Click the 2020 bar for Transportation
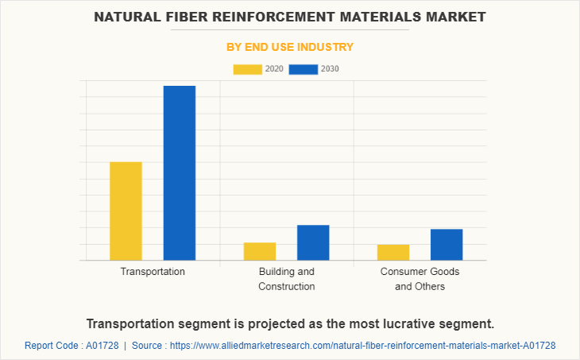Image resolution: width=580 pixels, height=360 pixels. coord(126,211)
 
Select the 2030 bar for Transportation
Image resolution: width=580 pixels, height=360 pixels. coord(180,172)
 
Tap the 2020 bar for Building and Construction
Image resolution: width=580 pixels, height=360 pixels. coord(260,251)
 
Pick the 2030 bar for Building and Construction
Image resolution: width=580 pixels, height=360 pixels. coord(313,242)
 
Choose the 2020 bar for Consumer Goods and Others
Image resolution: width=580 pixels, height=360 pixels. coord(393,252)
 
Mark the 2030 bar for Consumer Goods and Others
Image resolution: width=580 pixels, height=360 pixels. coord(447,244)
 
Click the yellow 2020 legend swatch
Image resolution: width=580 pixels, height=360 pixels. coord(247,69)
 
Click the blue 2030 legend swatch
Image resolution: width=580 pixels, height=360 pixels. coord(303,69)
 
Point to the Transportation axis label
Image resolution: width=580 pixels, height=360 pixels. coord(153,272)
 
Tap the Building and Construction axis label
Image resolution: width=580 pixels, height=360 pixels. coord(287,279)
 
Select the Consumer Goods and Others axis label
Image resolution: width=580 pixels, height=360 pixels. coord(420,279)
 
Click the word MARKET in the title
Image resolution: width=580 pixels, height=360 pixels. coord(451,17)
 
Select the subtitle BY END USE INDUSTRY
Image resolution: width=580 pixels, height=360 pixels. coord(290,47)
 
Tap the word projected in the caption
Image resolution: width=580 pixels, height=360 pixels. coord(272,323)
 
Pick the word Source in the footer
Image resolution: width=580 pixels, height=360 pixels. coord(148,346)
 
